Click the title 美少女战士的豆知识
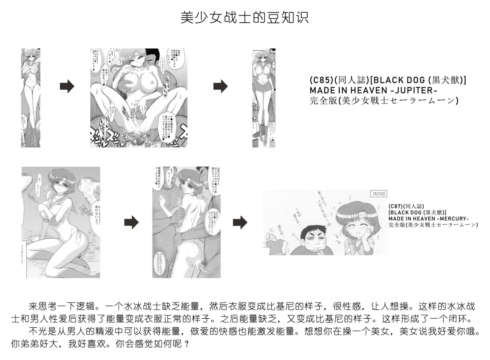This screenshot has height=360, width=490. click(245, 18)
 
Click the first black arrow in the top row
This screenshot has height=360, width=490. click(67, 86)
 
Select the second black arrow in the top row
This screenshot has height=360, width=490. click(220, 86)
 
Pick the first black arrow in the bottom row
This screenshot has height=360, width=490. click(131, 222)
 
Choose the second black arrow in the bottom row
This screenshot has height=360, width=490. click(240, 222)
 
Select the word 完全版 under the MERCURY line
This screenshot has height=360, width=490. click(396, 224)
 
